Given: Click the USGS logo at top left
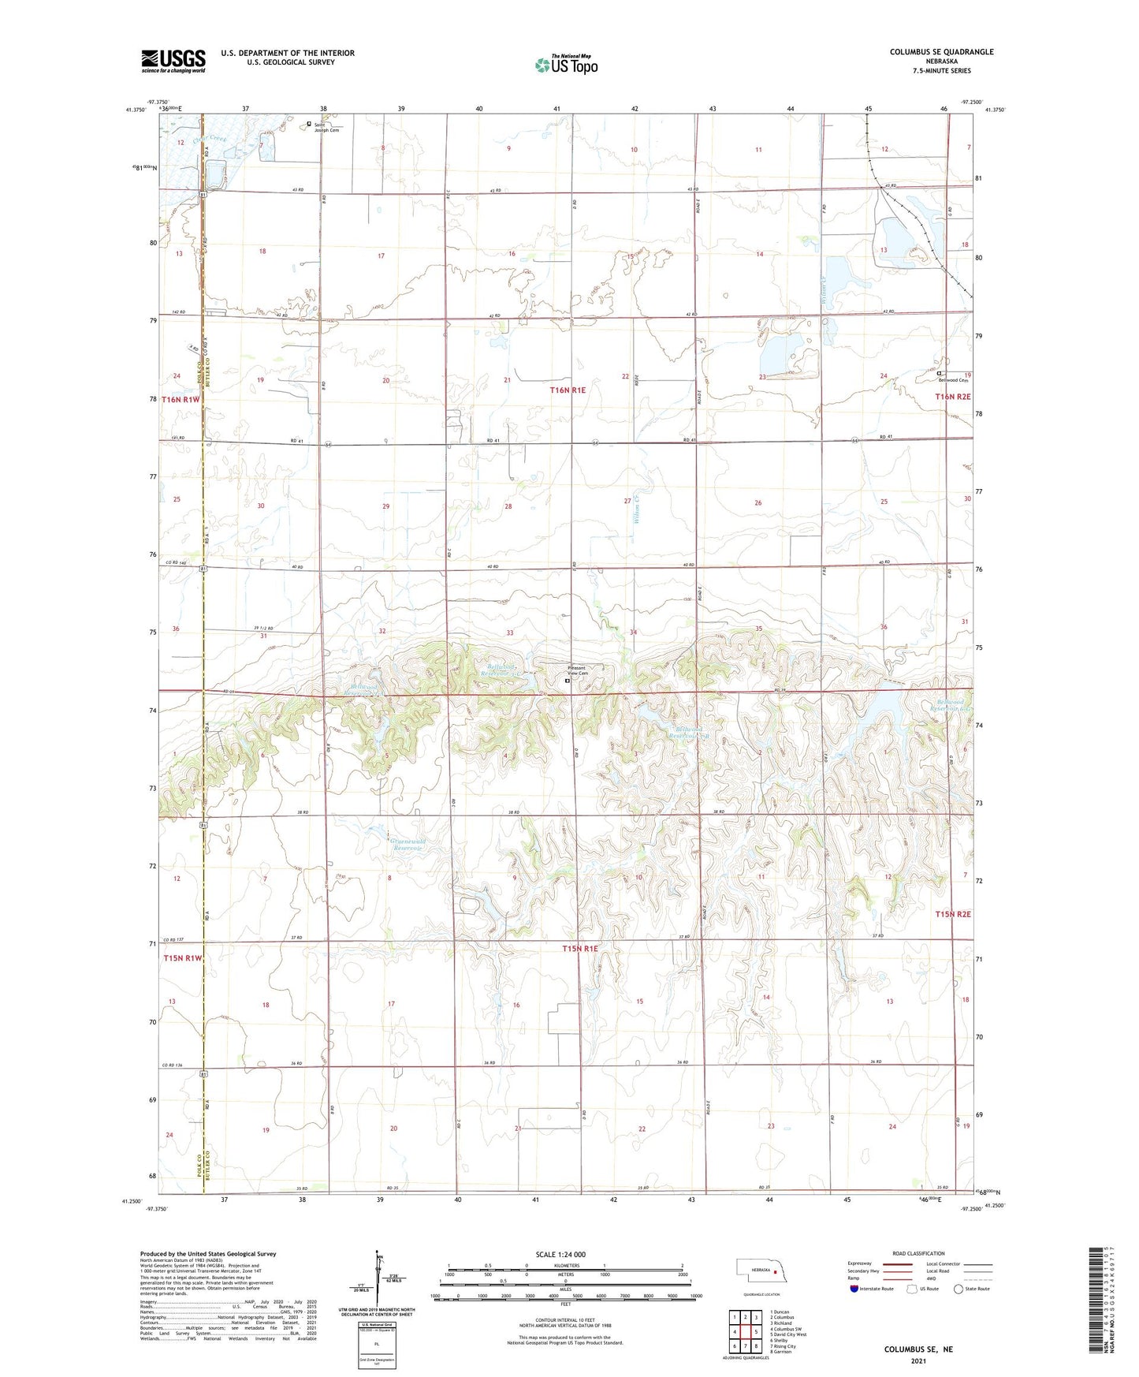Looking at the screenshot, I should pyautogui.click(x=173, y=61).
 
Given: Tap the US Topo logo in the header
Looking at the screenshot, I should pyautogui.click(x=565, y=64).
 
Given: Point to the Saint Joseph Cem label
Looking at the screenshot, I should pyautogui.click(x=325, y=127).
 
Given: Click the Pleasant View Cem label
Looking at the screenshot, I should pyautogui.click(x=578, y=671).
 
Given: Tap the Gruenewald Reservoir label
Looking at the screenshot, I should pyautogui.click(x=408, y=845).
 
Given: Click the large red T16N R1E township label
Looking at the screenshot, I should pyautogui.click(x=568, y=390).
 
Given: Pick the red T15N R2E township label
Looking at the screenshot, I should pyautogui.click(x=952, y=914).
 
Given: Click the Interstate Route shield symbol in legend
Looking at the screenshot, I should pyautogui.click(x=854, y=1289).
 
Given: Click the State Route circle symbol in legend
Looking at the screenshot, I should pyautogui.click(x=958, y=1289).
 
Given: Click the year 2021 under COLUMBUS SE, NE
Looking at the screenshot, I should pyautogui.click(x=918, y=1361).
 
